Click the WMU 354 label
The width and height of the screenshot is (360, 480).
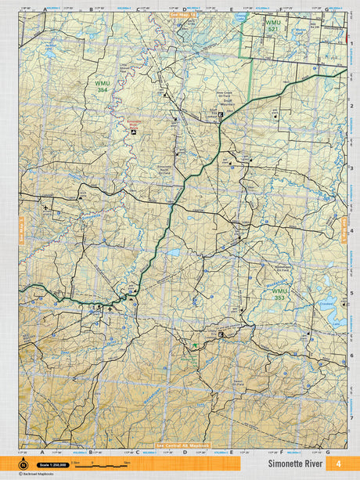pyautogui.click(x=102, y=85)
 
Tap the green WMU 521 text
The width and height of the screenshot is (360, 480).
pyautogui.click(x=272, y=26)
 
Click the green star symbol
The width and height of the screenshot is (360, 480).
pyautogui.click(x=193, y=345)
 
